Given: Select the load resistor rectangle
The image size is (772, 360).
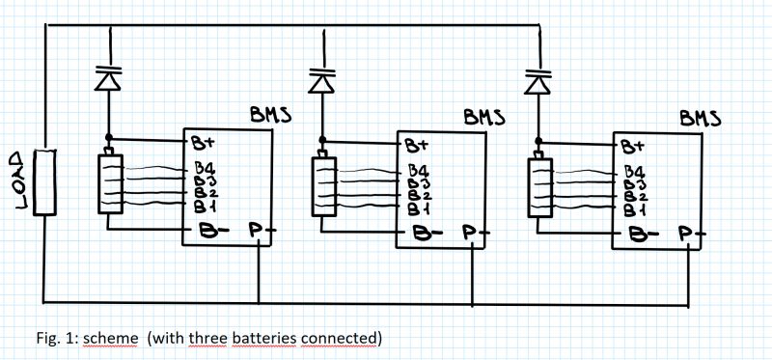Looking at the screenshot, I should pos(44,181).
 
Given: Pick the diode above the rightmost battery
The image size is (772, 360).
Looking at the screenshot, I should pos(538,79).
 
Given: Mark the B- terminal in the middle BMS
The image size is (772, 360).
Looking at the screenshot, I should pos(422,233).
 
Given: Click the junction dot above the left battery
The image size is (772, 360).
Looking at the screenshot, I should pos(108,137).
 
